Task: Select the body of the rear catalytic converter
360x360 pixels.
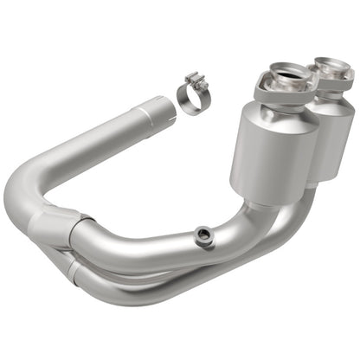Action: coord(329,130)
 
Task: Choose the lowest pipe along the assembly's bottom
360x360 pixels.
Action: coord(173,290)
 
